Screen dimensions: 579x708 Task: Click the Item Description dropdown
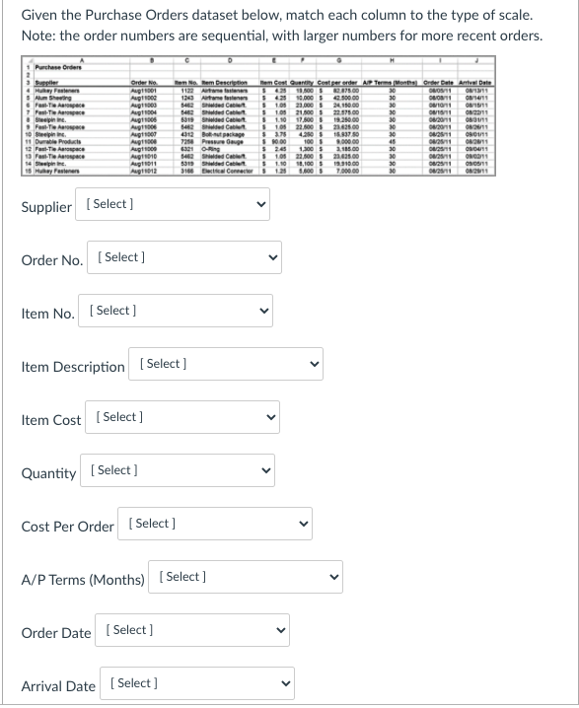[227, 365]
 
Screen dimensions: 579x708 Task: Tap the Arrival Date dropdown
[198, 684]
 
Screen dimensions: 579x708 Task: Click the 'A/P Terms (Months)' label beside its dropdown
[83, 579]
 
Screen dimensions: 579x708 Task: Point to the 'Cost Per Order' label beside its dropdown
[68, 526]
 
